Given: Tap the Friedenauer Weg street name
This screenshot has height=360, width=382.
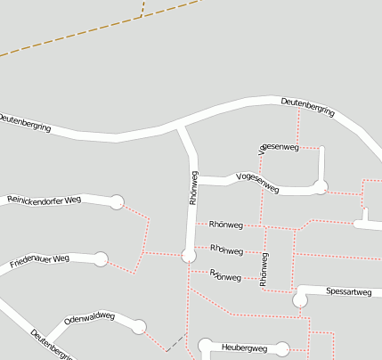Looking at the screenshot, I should coord(39,262).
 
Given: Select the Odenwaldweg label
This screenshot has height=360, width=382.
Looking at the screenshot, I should coord(90,318).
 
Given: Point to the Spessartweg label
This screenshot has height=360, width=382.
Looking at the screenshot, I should coord(348,291).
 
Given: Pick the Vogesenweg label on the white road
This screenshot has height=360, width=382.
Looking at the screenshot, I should coord(257,184).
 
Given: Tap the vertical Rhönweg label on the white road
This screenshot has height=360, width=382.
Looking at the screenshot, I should coord(193,188).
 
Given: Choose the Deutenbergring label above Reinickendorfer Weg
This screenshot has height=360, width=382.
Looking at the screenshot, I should coord(25,123).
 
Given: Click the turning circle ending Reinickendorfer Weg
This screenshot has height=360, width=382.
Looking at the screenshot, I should coord(117,202).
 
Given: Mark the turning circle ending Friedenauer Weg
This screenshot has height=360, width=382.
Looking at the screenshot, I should coord(101,259).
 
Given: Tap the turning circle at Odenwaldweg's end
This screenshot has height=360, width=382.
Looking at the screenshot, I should coord(139,327).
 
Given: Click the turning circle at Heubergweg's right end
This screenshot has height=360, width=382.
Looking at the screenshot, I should coord(283,348).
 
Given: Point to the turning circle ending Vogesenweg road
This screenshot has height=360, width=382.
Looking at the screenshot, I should coord(321,186).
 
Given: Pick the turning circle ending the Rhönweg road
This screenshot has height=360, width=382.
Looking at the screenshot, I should coord(188,256).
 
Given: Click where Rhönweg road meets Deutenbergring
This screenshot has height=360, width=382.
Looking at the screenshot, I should coord(181,127).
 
